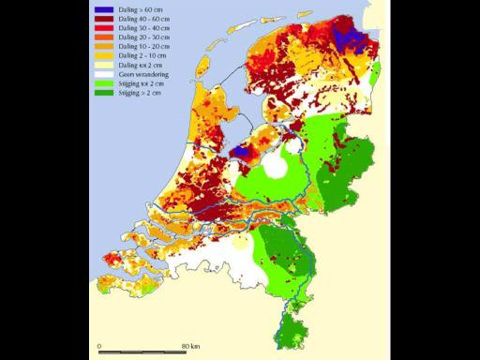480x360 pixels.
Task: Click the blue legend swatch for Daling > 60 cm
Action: [104, 9]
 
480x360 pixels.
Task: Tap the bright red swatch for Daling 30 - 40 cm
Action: [104, 28]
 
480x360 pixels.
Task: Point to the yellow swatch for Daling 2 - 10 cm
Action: [104, 54]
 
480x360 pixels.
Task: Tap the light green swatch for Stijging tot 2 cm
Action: [104, 82]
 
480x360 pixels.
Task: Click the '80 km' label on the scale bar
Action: [190, 346]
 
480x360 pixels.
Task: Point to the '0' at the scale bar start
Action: [99, 346]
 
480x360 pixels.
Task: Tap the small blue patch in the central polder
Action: [242, 149]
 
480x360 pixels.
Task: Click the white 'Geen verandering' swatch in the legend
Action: [104, 72]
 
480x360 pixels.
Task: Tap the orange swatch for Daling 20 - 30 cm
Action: [104, 37]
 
